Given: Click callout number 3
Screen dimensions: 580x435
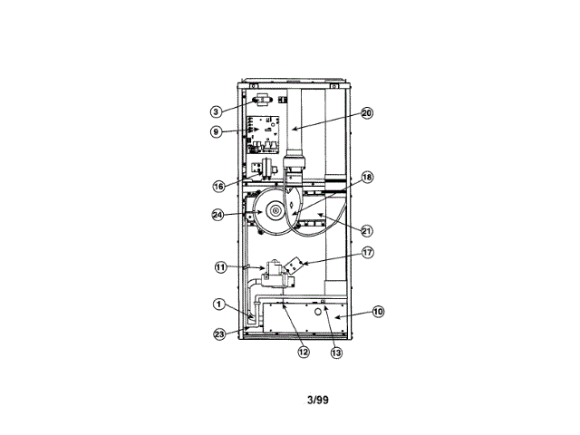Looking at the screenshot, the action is [216, 111].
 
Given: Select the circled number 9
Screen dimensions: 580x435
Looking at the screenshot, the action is [216, 131].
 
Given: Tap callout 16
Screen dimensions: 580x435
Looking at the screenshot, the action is [218, 186].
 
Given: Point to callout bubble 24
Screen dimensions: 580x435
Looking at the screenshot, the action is [217, 215].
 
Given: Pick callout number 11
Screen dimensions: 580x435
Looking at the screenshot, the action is [220, 266].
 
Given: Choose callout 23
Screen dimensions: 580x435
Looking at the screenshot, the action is [218, 333].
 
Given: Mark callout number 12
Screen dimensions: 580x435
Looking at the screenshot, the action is [304, 351].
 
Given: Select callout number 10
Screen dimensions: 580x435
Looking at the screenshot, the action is [378, 312].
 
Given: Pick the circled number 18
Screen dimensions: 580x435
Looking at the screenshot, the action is [367, 178].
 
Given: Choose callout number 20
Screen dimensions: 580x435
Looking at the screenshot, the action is [367, 114].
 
